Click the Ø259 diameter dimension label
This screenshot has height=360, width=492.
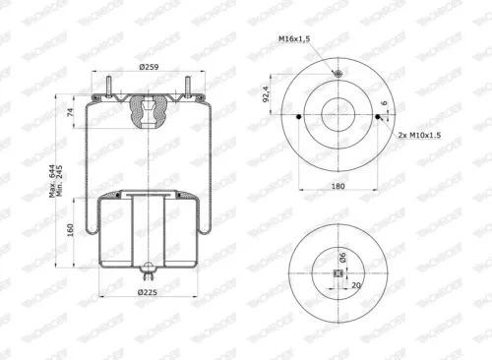[x=149, y=66]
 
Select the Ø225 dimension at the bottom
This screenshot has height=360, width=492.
[x=149, y=292]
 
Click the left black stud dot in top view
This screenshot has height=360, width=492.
[x=297, y=118]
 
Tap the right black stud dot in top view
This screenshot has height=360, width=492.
[x=379, y=118]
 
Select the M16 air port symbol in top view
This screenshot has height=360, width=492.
[x=338, y=76]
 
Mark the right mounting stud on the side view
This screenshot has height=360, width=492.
[x=187, y=87]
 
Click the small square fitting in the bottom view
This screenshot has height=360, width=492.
[x=338, y=286]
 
